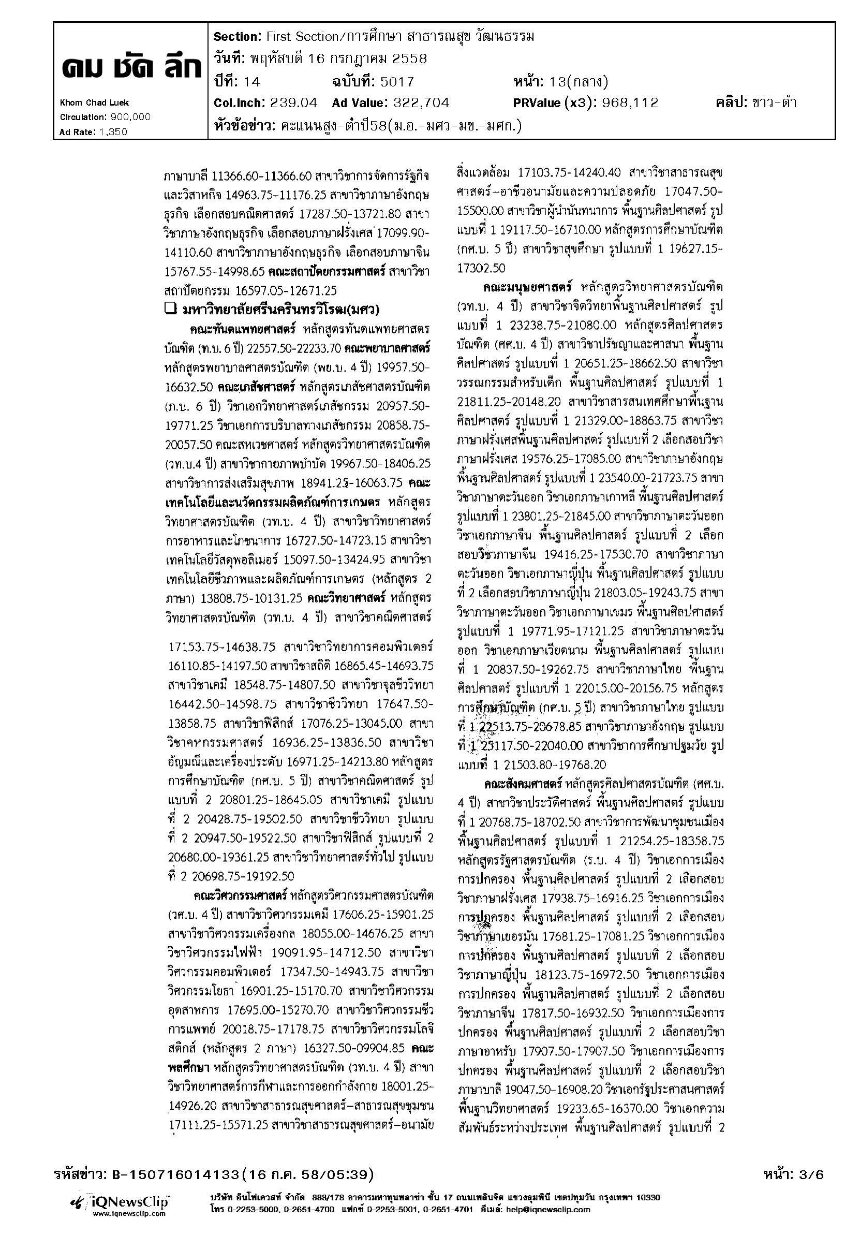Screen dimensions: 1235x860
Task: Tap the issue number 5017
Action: [x=397, y=82]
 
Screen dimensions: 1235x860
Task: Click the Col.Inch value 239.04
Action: [x=291, y=102]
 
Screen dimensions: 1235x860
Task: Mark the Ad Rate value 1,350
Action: [x=113, y=131]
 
